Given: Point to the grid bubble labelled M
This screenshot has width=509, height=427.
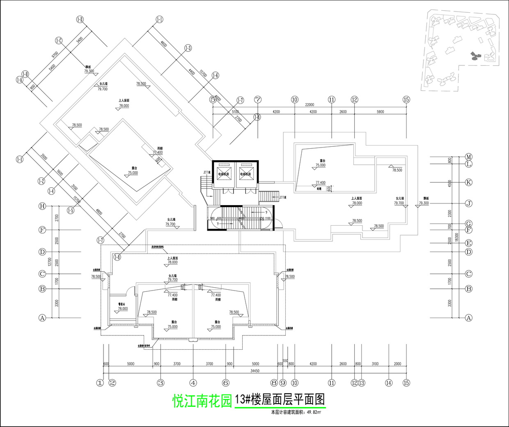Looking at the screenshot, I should (469, 157).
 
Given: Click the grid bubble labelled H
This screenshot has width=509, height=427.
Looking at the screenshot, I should (42, 206).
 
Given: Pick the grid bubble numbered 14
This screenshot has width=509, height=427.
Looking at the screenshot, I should (388, 383).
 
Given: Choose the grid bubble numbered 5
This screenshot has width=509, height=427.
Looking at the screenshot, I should (213, 99).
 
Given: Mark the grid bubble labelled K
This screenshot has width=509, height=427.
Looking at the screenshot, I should (469, 182).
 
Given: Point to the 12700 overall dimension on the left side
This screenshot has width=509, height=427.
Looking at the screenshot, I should (50, 262).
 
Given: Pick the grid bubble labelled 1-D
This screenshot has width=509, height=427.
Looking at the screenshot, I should (80, 19).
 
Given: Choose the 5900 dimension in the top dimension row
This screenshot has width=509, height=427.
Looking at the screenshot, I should (380, 112).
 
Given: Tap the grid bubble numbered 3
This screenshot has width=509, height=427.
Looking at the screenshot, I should (160, 383).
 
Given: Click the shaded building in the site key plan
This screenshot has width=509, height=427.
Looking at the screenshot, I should (475, 55).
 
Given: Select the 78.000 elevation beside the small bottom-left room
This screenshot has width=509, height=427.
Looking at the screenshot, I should (123, 309).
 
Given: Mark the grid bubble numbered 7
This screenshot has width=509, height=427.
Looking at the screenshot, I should (258, 99).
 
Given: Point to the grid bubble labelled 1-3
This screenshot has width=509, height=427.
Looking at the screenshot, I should (188, 48).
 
